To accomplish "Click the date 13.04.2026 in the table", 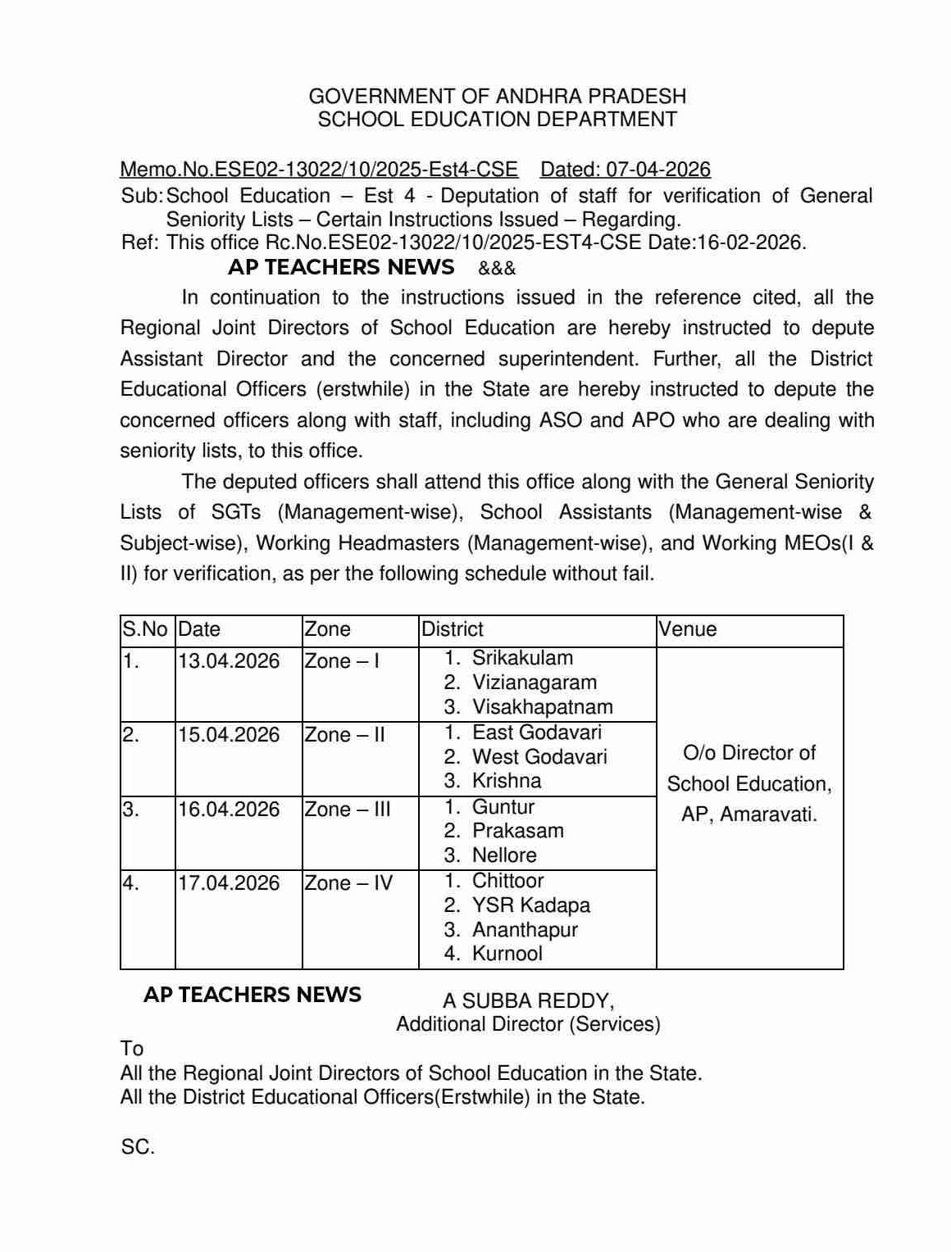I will [229, 661].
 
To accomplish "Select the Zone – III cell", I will [348, 810].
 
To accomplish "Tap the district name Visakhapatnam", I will [542, 707].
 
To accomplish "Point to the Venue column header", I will [688, 629].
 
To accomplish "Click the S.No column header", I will [145, 629].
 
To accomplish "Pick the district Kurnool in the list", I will [507, 954].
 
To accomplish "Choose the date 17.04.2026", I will [229, 883].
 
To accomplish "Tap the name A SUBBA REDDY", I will [529, 1001].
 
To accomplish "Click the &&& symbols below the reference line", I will [497, 269].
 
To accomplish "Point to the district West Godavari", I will [539, 757].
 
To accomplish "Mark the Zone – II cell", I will [344, 735].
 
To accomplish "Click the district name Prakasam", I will [517, 831].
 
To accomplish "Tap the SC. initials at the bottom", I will [138, 1148].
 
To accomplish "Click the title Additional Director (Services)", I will [528, 1024].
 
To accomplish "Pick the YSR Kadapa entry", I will [530, 905].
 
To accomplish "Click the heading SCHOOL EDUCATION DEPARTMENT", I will [498, 120].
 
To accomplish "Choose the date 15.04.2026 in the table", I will [229, 735].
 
